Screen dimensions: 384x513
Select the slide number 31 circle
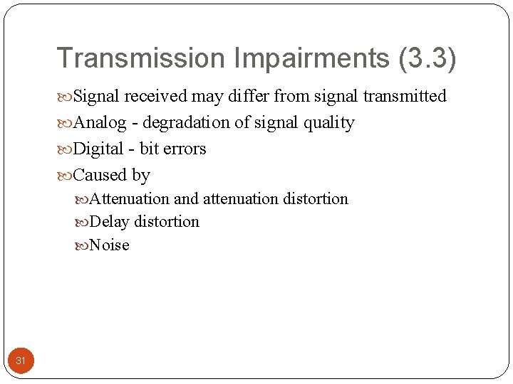[x=21, y=361]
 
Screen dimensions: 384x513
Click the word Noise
[x=110, y=245]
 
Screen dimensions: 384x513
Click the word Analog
[x=98, y=123]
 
